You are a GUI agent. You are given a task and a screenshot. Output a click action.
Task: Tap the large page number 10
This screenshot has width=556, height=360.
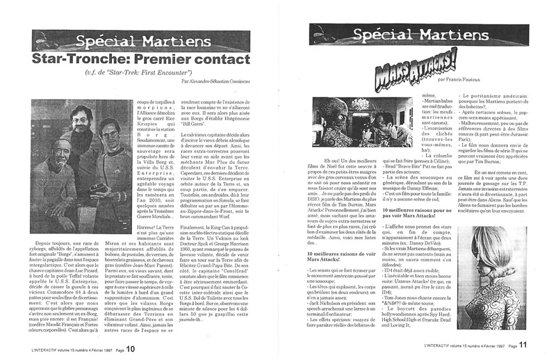tap(129, 349)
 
